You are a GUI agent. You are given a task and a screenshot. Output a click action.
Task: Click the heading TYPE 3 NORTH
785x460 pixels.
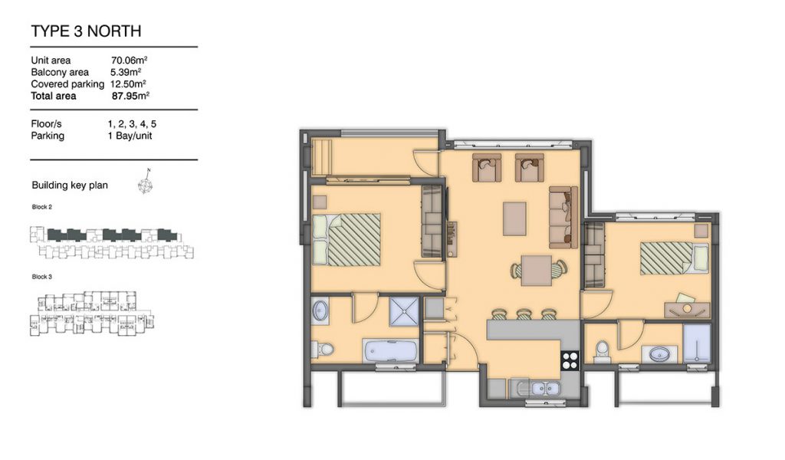point(86,31)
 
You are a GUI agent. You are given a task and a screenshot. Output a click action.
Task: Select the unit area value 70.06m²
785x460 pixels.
point(129,60)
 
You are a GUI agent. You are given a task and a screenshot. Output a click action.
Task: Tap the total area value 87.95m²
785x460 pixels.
point(130,96)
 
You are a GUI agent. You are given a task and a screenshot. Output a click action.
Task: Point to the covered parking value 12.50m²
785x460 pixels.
point(128,84)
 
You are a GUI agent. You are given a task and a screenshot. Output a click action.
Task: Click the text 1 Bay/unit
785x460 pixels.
point(130,136)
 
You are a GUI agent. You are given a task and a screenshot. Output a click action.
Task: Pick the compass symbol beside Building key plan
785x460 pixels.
point(145,183)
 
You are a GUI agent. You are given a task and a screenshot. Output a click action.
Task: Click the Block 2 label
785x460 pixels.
point(42,207)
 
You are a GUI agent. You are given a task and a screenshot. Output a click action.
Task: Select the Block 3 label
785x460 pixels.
point(42,276)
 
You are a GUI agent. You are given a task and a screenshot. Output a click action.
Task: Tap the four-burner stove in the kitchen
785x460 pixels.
point(570,360)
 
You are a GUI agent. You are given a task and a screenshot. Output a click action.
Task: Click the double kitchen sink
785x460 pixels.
point(537,389)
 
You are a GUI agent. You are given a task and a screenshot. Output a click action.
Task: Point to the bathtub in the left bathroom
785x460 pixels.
point(390,350)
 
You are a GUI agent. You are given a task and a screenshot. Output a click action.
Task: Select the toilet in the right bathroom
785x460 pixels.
point(601,350)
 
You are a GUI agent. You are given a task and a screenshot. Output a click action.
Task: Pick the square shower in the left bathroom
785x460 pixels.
point(404,311)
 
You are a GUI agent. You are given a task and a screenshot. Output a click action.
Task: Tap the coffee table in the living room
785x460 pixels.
point(514,219)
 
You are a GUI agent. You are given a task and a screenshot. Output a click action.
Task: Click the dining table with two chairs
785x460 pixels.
point(537,271)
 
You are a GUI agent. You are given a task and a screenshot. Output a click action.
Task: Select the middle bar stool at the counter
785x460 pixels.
point(524,314)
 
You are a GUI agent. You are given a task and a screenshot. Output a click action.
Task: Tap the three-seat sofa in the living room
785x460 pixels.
point(563,217)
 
